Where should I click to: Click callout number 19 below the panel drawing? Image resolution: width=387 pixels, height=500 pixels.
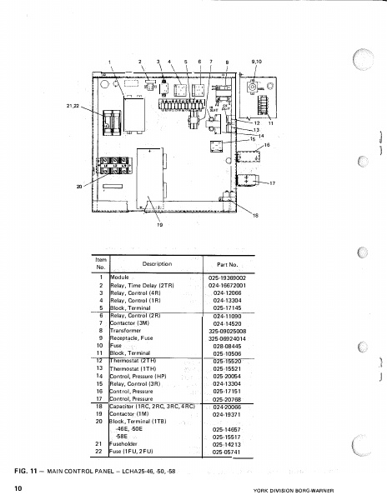158,225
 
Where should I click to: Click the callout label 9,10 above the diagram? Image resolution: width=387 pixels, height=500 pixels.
257,62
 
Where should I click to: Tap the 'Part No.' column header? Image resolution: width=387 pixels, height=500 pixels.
229,264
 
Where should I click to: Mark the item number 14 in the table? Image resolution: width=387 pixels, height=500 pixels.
98,376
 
